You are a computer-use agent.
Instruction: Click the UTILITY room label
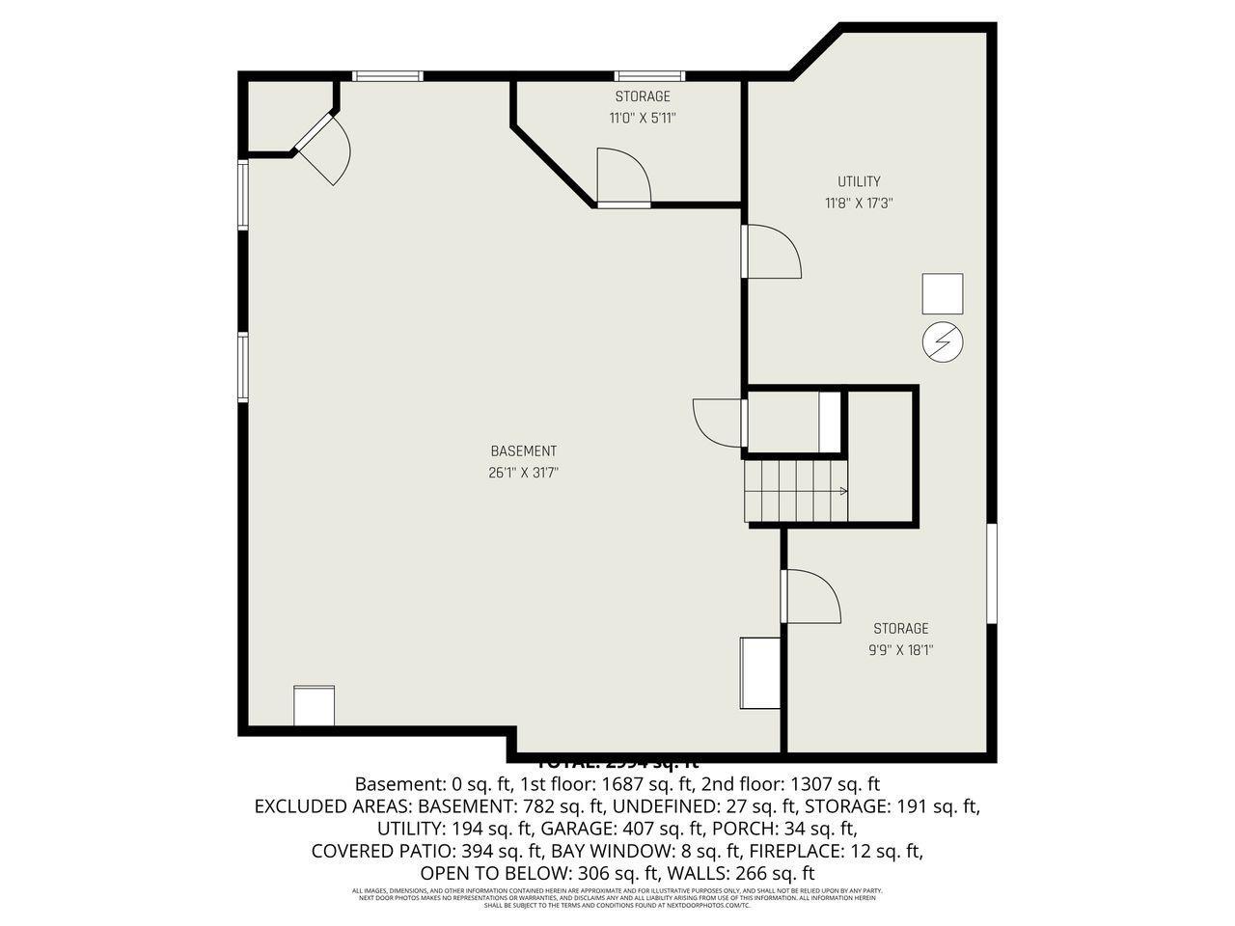pyautogui.click(x=858, y=181)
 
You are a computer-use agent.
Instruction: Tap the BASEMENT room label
pyautogui.click(x=523, y=450)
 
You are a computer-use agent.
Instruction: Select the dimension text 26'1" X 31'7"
pyautogui.click(x=523, y=473)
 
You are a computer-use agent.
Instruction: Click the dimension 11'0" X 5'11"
pyautogui.click(x=642, y=119)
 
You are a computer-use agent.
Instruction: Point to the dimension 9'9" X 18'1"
pyautogui.click(x=900, y=650)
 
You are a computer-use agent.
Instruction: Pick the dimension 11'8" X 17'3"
pyautogui.click(x=858, y=204)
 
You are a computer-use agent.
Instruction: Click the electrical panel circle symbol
pyautogui.click(x=943, y=342)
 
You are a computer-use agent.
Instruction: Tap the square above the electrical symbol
pyautogui.click(x=943, y=294)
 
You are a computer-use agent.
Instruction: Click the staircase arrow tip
pyautogui.click(x=845, y=492)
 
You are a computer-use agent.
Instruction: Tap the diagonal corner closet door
pyautogui.click(x=323, y=150)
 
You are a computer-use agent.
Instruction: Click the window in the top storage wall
pyautogui.click(x=649, y=75)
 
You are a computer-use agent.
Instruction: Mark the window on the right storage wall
pyautogui.click(x=992, y=574)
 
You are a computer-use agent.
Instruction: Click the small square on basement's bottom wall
pyautogui.click(x=314, y=706)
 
